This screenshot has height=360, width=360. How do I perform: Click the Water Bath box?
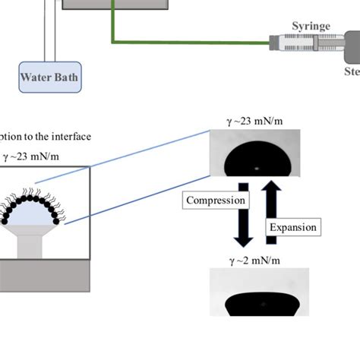tap(49, 77)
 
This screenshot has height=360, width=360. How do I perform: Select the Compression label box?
tap(217, 201)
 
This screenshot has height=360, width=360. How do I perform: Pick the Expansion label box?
tap(292, 226)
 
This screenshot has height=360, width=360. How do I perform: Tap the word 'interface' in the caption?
tap(69, 137)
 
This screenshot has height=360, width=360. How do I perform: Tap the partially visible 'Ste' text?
tap(351, 73)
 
